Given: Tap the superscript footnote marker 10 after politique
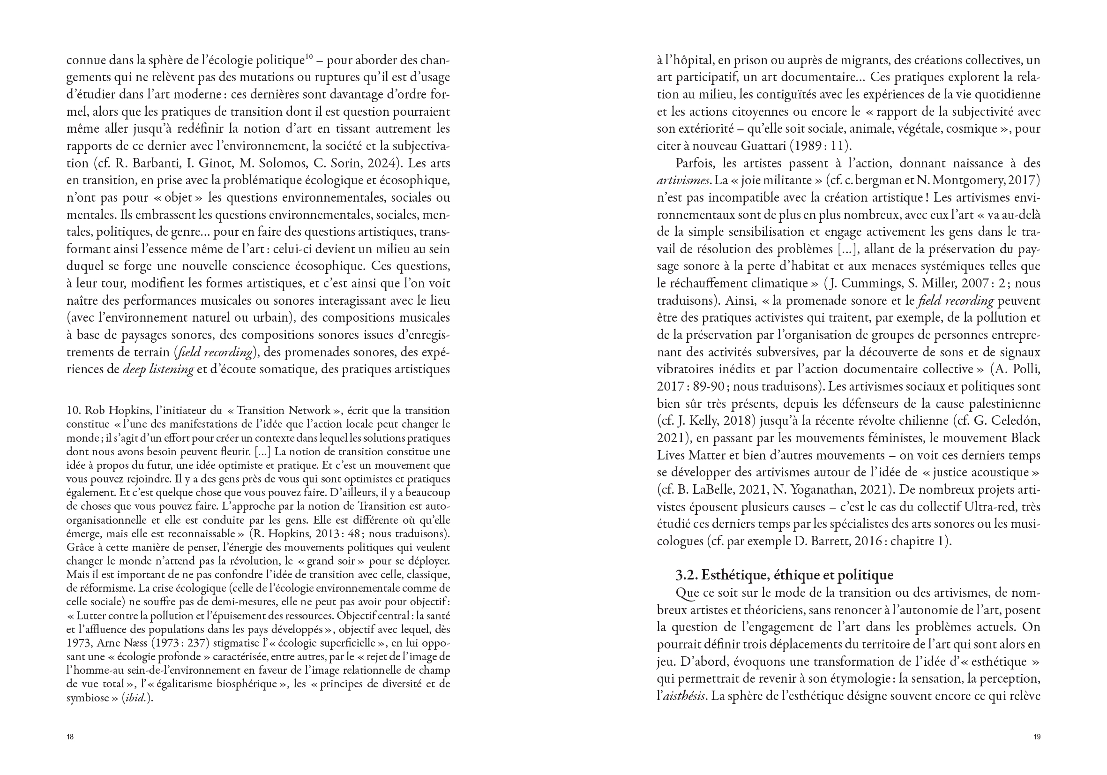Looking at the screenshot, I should (x=309, y=57).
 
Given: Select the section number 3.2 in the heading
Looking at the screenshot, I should (x=687, y=575).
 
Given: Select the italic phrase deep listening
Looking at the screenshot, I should (x=158, y=369).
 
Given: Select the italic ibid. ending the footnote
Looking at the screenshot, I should (x=135, y=698).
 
